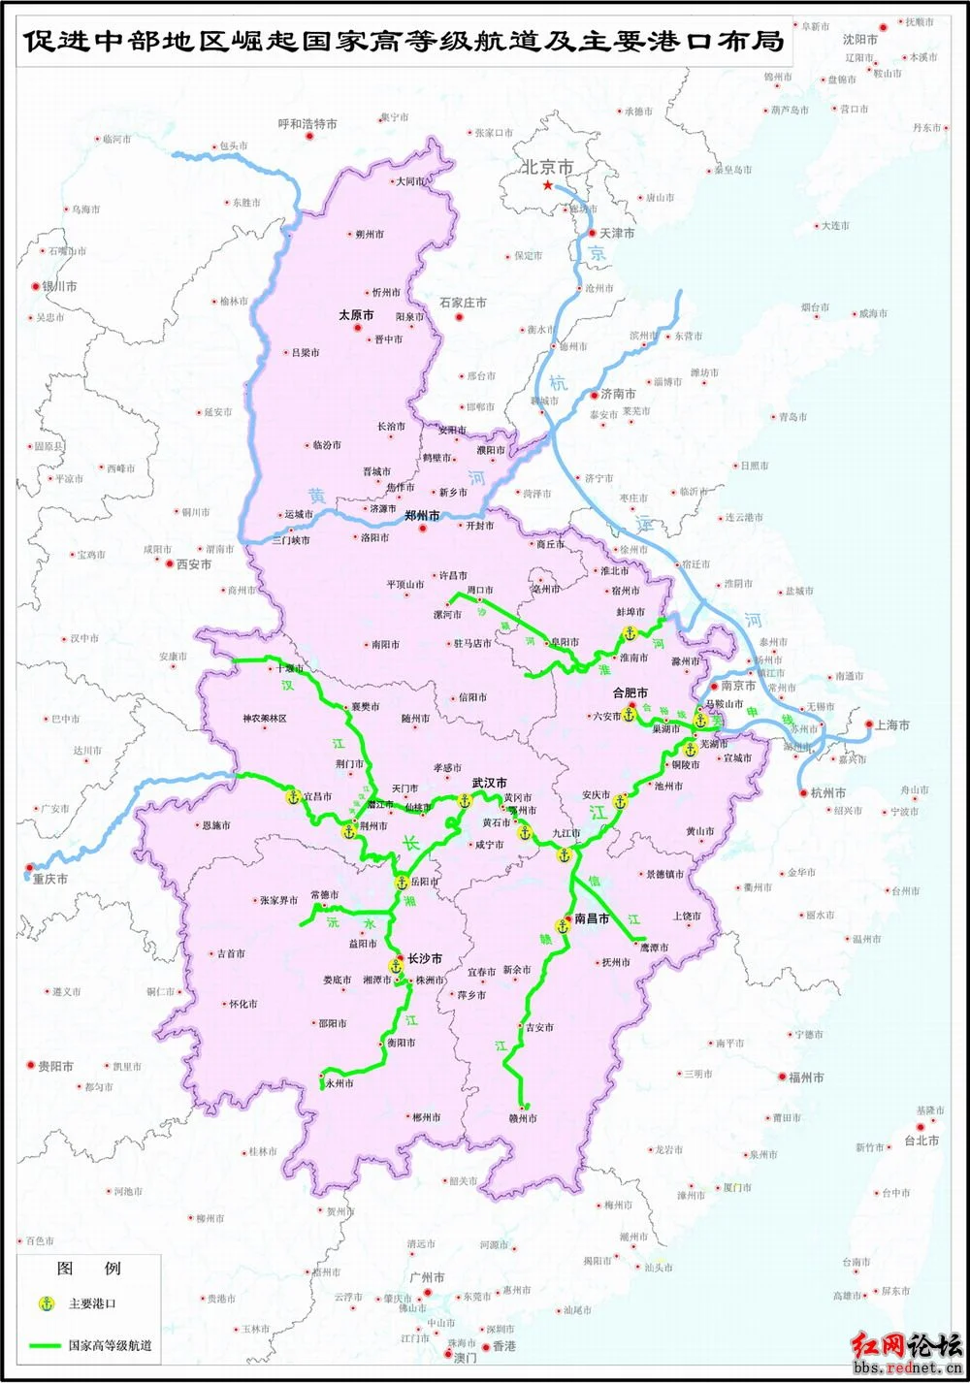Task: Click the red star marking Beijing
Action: [548, 184]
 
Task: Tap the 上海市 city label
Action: [891, 724]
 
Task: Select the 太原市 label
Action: [356, 315]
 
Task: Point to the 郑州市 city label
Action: [422, 516]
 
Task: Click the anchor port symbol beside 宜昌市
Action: [293, 796]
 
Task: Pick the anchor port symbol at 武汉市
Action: [464, 801]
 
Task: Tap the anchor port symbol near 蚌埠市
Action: [628, 633]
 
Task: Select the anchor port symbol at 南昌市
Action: [563, 925]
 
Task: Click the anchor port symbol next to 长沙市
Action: [396, 966]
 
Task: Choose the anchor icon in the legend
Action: [45, 1303]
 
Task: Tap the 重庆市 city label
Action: [49, 879]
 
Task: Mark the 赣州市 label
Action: [523, 1118]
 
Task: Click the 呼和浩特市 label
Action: [307, 124]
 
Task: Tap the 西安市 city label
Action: [193, 563]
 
